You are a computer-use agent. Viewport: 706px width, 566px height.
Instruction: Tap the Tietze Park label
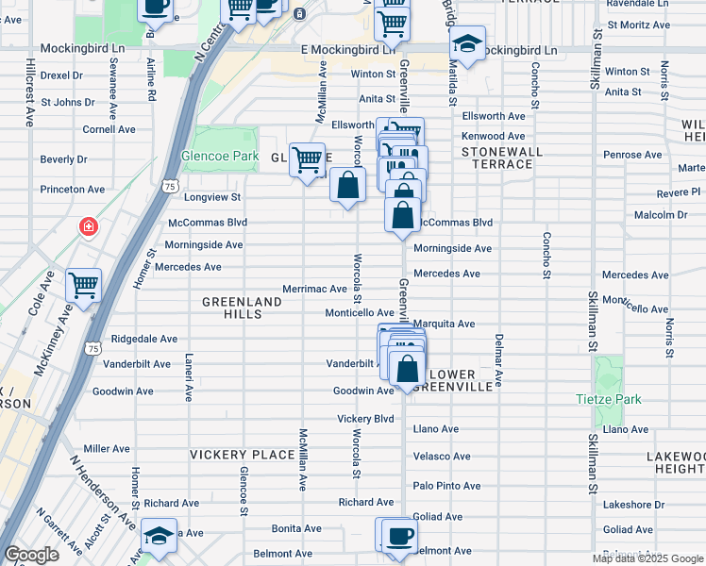click(609, 399)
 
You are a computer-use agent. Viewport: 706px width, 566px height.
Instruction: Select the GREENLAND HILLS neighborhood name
click(243, 308)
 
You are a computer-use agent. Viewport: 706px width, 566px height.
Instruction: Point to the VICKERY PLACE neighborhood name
click(243, 455)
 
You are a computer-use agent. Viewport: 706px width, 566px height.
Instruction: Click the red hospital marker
click(88, 226)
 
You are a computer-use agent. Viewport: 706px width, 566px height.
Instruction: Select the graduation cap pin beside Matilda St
click(465, 43)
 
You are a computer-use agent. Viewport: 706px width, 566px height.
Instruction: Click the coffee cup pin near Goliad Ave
click(398, 536)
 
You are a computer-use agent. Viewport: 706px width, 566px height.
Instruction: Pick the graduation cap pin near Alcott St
click(160, 535)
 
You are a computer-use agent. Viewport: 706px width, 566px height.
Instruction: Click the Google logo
click(31, 555)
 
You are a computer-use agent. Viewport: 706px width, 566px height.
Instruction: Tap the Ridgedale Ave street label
click(143, 339)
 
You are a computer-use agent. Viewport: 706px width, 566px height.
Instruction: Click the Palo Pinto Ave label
click(446, 486)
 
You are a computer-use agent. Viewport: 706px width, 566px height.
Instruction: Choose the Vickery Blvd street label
click(366, 419)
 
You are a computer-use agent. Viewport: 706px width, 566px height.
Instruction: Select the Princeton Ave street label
click(72, 190)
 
